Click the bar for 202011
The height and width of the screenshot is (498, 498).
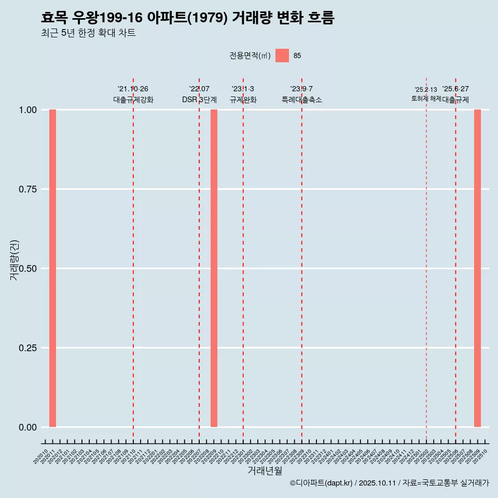click(x=52, y=268)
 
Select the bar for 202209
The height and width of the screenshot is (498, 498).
click(x=214, y=268)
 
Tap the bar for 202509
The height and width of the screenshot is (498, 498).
click(x=477, y=268)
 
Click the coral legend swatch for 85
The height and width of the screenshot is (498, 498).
click(x=282, y=56)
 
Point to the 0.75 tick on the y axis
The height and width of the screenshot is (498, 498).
click(x=28, y=189)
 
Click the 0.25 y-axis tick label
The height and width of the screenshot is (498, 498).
click(x=28, y=348)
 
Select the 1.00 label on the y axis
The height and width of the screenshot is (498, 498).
click(x=28, y=110)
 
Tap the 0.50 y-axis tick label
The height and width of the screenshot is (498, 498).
click(x=28, y=269)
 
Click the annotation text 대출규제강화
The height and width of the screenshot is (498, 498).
click(x=133, y=100)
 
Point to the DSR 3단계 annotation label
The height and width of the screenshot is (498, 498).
click(x=199, y=100)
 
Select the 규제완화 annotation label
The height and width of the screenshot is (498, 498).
click(x=243, y=100)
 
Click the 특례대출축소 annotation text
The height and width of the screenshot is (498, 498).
click(x=302, y=100)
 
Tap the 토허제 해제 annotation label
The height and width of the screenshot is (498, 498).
click(x=426, y=98)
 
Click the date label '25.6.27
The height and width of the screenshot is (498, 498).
click(x=455, y=89)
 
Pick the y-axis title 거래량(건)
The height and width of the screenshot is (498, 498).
click(x=14, y=260)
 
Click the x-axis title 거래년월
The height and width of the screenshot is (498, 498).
click(x=265, y=471)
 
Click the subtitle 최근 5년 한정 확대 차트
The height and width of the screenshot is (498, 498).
click(x=88, y=33)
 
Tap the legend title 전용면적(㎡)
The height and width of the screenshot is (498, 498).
click(x=250, y=56)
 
